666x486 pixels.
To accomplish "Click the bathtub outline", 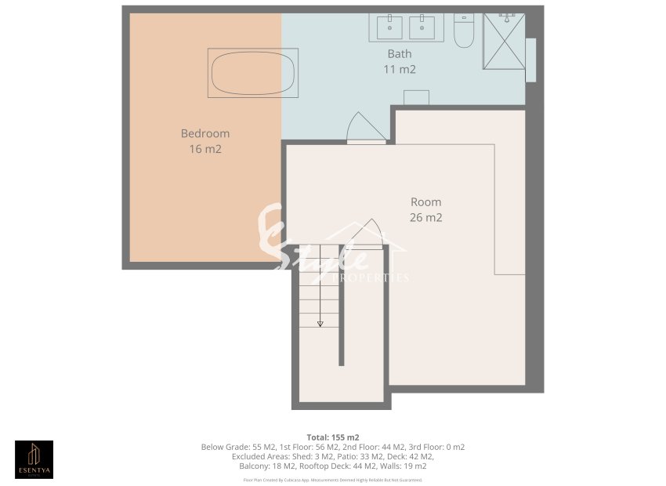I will (253, 73).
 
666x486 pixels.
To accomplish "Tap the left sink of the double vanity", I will (388, 27).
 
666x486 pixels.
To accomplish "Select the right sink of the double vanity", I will (425, 27).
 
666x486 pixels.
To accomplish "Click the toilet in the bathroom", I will (464, 31).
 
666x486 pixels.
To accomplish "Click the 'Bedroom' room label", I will (205, 133).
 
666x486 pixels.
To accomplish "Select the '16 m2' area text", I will (205, 149).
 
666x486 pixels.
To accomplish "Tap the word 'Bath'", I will (400, 54).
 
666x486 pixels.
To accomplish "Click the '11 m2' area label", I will (400, 69).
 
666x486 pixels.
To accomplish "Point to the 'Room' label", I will (425, 202).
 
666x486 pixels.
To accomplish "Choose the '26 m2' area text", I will (425, 218).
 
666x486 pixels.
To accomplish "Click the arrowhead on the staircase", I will (320, 323).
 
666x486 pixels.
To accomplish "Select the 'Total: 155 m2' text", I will (333, 437).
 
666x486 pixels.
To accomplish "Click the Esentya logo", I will (34, 459).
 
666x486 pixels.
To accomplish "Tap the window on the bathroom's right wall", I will (530, 60).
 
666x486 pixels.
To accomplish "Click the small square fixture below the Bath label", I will (416, 97).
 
